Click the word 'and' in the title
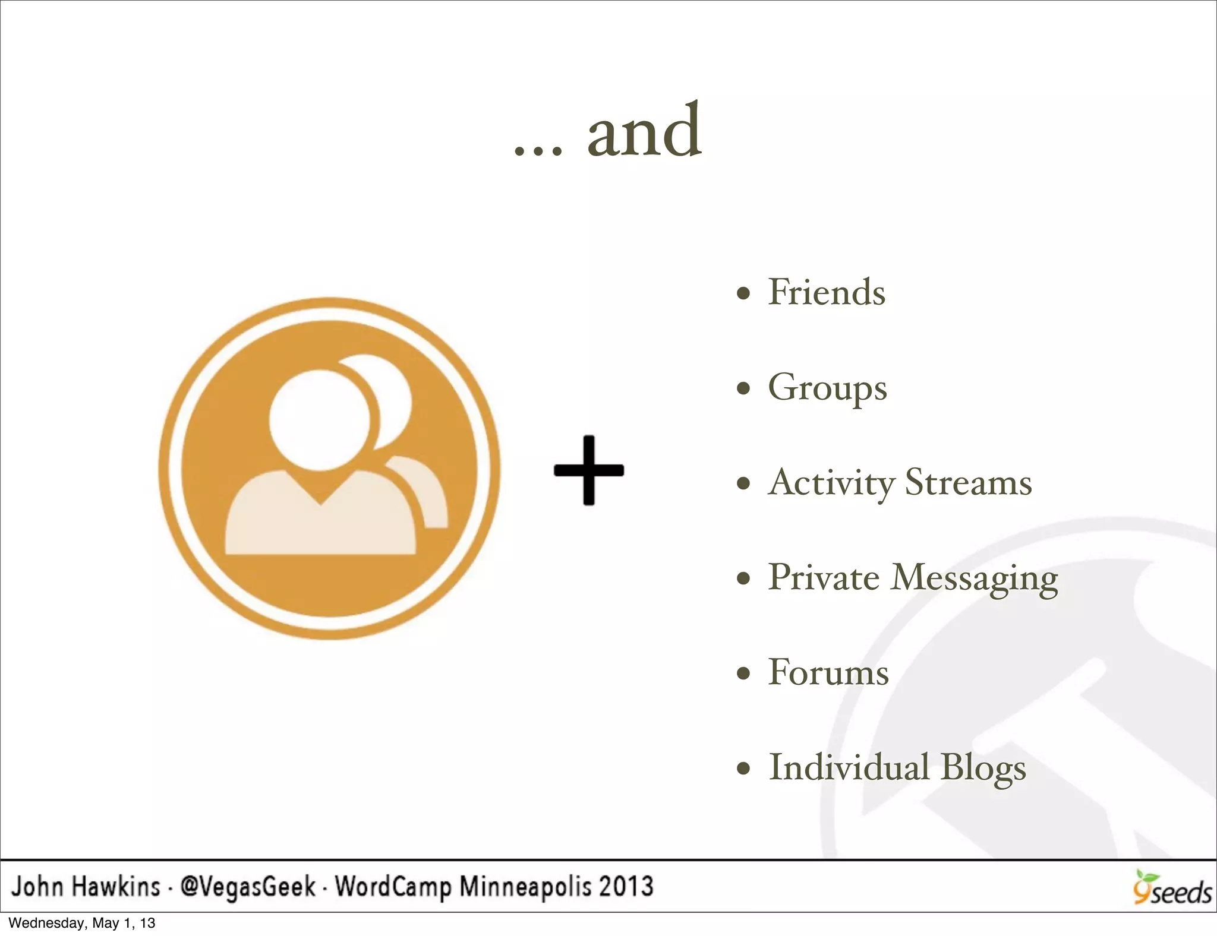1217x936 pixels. click(x=644, y=132)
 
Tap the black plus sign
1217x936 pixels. click(x=588, y=470)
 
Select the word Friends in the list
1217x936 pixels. click(x=827, y=292)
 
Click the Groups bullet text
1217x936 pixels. click(x=827, y=388)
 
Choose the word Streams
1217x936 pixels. click(x=968, y=482)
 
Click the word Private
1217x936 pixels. click(x=823, y=577)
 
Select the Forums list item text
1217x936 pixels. click(x=828, y=672)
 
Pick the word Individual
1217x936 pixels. click(x=849, y=767)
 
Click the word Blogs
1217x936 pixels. click(x=983, y=769)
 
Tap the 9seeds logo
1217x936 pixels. click(x=1171, y=888)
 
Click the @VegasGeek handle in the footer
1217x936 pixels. click(x=248, y=887)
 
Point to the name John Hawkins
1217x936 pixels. click(x=86, y=887)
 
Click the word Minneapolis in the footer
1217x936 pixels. click(x=525, y=887)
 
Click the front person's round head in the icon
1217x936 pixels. click(x=319, y=419)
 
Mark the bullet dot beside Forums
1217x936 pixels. click(x=743, y=673)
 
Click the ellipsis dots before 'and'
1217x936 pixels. click(x=537, y=151)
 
